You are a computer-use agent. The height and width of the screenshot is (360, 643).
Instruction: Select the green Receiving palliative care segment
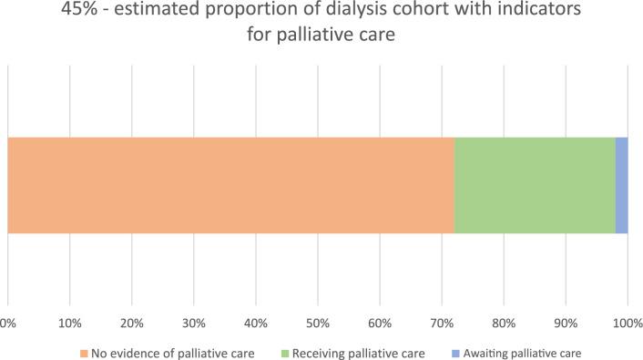tap(535, 185)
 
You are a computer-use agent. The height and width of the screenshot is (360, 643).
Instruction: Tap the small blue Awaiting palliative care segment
tap(621, 185)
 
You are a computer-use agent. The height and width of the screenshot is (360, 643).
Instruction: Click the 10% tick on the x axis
tap(69, 323)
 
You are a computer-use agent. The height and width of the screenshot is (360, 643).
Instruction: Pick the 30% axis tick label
tap(193, 323)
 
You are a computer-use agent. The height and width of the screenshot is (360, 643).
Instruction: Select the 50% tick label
tap(317, 323)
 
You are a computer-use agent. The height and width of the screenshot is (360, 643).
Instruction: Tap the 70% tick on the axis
tap(441, 323)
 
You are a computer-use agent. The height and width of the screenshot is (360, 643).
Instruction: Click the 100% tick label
tap(627, 323)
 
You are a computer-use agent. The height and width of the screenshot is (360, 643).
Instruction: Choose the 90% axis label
tap(565, 323)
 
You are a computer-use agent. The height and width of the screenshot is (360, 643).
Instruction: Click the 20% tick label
tap(131, 323)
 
